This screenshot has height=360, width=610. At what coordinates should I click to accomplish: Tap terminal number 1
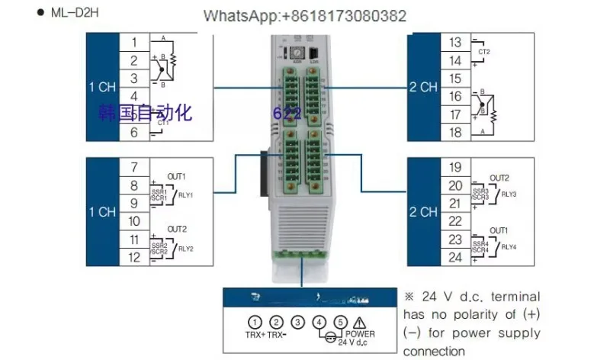pos(134,41)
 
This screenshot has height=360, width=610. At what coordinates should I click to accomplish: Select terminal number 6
pos(134,133)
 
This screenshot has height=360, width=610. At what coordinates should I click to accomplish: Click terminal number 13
pos(455,42)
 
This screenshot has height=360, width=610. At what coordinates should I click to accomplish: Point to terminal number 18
pos(455,133)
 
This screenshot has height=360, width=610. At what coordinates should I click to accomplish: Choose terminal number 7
pos(134,166)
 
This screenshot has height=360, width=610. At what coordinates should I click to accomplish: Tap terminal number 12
pos(134,257)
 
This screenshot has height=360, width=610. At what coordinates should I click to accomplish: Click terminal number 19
pos(455,166)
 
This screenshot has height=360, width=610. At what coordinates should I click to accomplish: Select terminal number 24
pos(455,257)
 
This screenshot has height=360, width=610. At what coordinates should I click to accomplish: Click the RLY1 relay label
pos(186,194)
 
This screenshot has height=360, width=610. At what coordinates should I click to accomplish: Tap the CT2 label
pos(483,51)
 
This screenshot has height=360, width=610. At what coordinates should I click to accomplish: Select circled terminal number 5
pos(341,322)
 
